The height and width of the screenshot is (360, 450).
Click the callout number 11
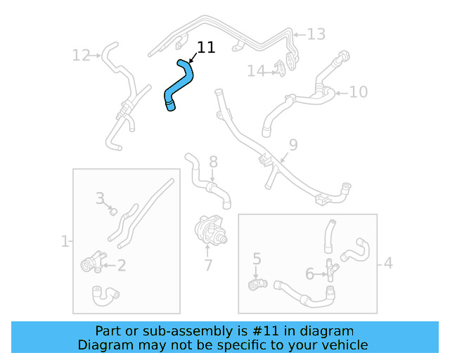206,47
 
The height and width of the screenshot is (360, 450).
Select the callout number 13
316,34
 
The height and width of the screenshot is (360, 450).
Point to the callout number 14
256,71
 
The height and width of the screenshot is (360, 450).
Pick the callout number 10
358,91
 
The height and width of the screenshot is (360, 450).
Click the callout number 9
293,145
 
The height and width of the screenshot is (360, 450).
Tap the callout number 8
213,162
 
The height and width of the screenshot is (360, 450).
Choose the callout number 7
208,266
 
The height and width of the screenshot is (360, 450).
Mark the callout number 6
309,273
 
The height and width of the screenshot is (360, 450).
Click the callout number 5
257,259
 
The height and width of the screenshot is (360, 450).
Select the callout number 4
388,264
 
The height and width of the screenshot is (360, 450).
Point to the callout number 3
101,198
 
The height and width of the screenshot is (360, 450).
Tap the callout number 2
121,265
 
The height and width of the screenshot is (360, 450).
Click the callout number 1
65,242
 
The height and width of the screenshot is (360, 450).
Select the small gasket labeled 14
281,68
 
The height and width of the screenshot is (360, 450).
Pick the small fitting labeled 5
257,283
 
